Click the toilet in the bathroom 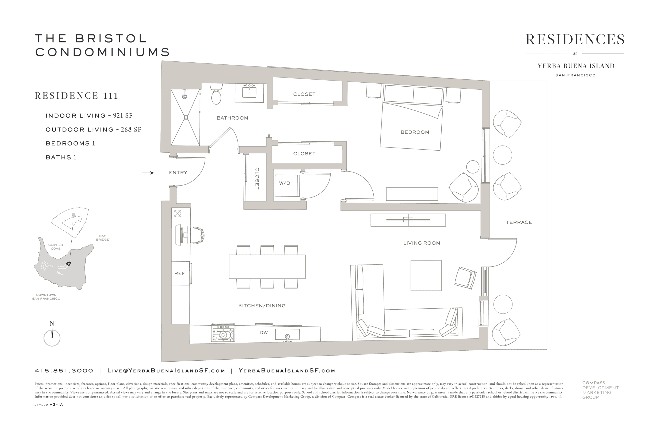216,94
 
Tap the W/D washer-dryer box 287,186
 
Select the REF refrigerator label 180,273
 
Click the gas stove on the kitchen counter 223,332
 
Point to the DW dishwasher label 263,332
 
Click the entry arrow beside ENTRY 148,173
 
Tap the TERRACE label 519,222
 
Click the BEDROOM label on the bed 415,132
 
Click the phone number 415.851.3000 64,371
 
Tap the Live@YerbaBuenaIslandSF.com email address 166,371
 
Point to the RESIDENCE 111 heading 76,96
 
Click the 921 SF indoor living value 123,116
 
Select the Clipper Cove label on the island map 56,247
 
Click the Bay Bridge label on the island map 102,238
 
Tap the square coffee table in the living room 426,275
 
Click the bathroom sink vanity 249,93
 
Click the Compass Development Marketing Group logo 601,390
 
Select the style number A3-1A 56,405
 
